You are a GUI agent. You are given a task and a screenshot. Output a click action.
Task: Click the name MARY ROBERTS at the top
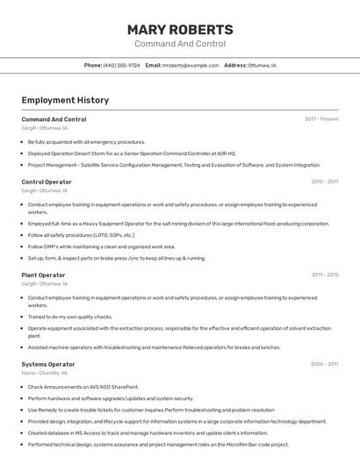coord(180,30)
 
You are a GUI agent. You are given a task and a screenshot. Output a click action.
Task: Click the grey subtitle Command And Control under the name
coord(180,44)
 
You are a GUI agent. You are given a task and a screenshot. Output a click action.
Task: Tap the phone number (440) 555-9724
coord(121,65)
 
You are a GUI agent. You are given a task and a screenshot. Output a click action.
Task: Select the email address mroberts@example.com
coord(191,65)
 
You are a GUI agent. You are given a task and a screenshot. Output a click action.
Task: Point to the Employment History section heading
coord(65,100)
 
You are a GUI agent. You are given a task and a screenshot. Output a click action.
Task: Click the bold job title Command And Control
coord(54,119)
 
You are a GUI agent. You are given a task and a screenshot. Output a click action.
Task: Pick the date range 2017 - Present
coord(321,119)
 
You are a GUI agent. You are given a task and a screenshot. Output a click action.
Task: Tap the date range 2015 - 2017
coord(324,182)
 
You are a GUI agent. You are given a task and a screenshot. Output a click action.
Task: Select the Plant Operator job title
coord(43,275)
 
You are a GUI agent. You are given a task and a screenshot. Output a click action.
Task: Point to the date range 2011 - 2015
coord(324,275)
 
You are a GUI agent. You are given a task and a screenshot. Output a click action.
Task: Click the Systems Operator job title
coord(48,364)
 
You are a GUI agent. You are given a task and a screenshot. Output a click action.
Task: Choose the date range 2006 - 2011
coord(324,364)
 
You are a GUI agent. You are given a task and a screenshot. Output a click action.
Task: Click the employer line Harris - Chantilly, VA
coord(45,373)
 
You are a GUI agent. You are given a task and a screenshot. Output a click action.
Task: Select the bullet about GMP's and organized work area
coord(101,247)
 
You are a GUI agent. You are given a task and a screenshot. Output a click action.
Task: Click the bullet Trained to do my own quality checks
coord(70,317)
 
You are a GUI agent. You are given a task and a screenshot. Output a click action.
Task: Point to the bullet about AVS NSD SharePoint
coord(83,387)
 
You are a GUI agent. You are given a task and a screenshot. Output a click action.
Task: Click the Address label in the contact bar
coord(235,65)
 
